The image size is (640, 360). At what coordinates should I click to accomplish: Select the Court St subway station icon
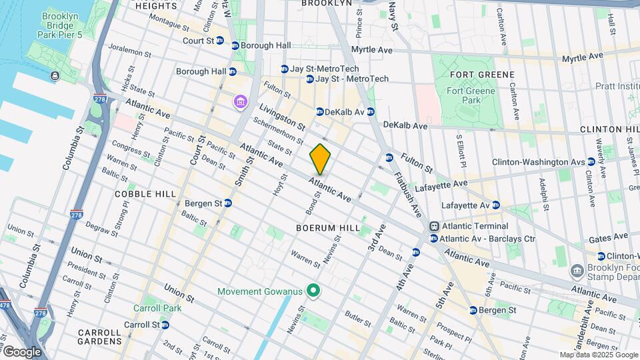(x=235, y=46)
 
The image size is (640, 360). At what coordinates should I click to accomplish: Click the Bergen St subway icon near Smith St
(x=228, y=203)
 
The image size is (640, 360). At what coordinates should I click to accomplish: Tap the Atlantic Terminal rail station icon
(x=434, y=226)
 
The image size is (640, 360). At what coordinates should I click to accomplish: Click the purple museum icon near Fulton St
(x=239, y=102)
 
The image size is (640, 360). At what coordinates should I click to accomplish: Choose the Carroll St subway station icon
(x=165, y=325)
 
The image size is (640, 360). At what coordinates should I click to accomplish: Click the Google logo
(x=22, y=351)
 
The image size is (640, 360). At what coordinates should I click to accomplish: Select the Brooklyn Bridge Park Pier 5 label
(x=64, y=25)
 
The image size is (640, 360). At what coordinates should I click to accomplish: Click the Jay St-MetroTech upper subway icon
(x=285, y=69)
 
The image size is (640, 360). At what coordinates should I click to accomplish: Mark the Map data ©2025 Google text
(x=597, y=355)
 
